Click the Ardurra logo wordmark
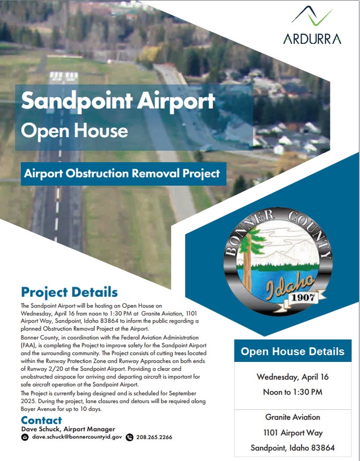click(x=312, y=39)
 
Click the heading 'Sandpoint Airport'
click(x=118, y=101)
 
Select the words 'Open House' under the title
click(x=75, y=130)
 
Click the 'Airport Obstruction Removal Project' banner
click(x=123, y=173)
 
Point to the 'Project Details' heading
click(x=69, y=292)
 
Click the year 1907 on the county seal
click(x=303, y=297)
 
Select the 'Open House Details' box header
click(x=292, y=351)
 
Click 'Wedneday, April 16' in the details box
click(x=292, y=377)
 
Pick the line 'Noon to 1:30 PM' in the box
click(x=292, y=392)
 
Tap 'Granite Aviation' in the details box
click(x=292, y=417)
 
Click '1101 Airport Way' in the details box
click(x=293, y=432)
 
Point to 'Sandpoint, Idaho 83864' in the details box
click(x=292, y=447)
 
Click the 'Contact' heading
click(x=42, y=420)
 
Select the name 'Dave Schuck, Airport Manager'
click(x=68, y=429)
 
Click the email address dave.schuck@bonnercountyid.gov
click(x=77, y=437)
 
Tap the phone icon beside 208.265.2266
click(x=129, y=437)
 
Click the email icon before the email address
click(x=25, y=437)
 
